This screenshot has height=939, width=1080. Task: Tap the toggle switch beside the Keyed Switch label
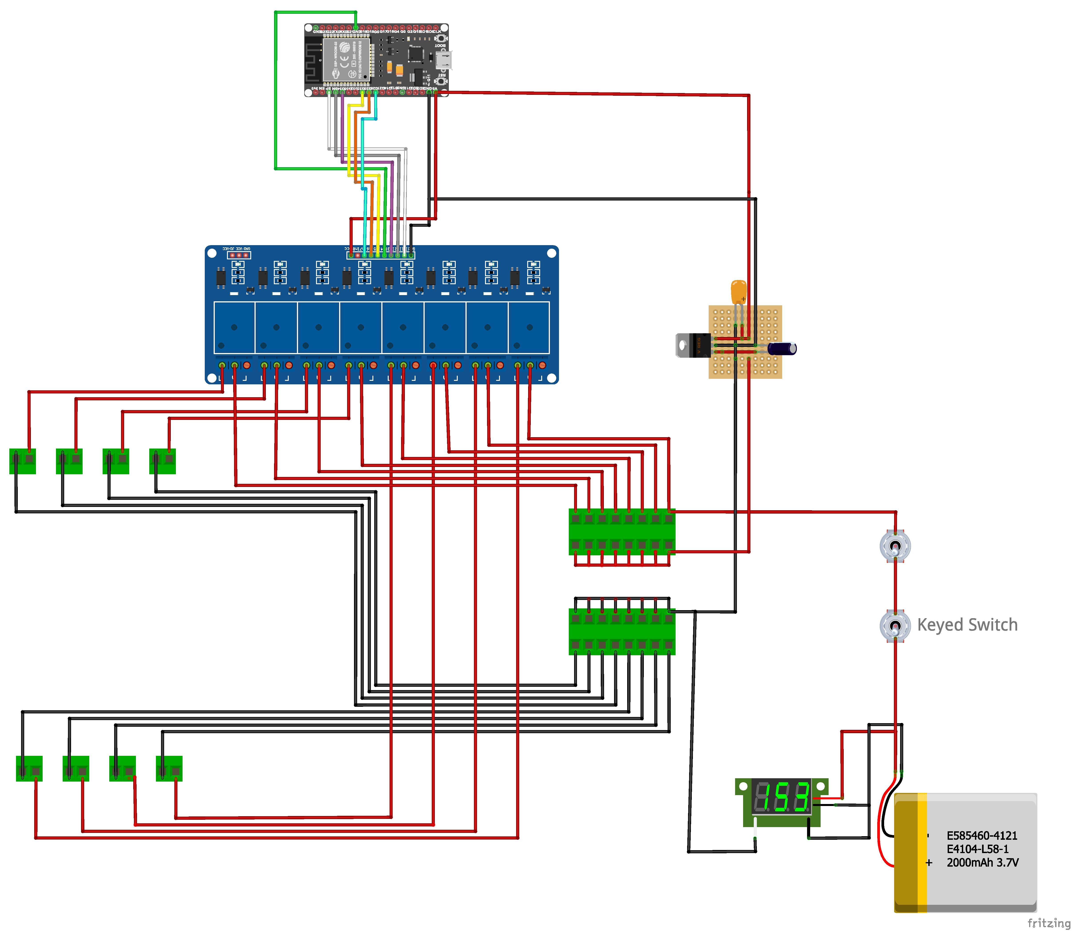[x=895, y=625]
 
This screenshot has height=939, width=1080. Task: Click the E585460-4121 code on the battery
[x=981, y=836]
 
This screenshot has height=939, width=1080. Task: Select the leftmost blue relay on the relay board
[x=234, y=328]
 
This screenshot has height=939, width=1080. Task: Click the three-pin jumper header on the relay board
[x=239, y=255]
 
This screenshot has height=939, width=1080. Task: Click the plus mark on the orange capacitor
[x=743, y=299]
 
